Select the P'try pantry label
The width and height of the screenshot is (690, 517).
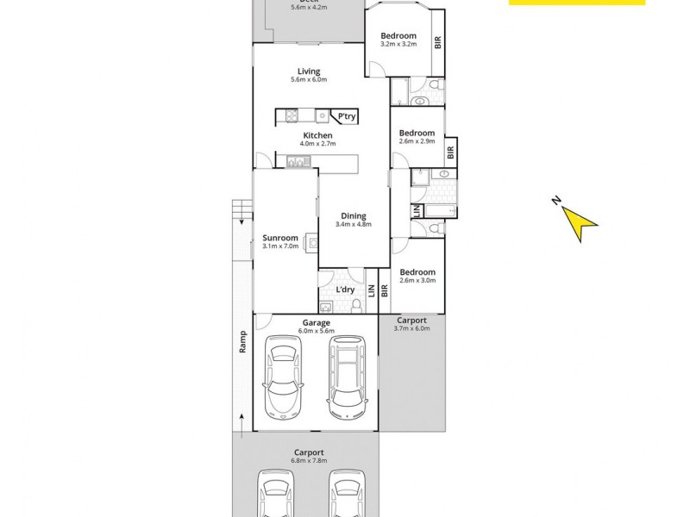347,116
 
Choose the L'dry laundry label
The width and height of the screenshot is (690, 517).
345,290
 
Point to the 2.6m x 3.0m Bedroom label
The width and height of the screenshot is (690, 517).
417,276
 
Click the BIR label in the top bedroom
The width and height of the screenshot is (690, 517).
438,40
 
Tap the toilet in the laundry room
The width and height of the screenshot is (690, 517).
355,304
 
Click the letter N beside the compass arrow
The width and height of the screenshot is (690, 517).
557,202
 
